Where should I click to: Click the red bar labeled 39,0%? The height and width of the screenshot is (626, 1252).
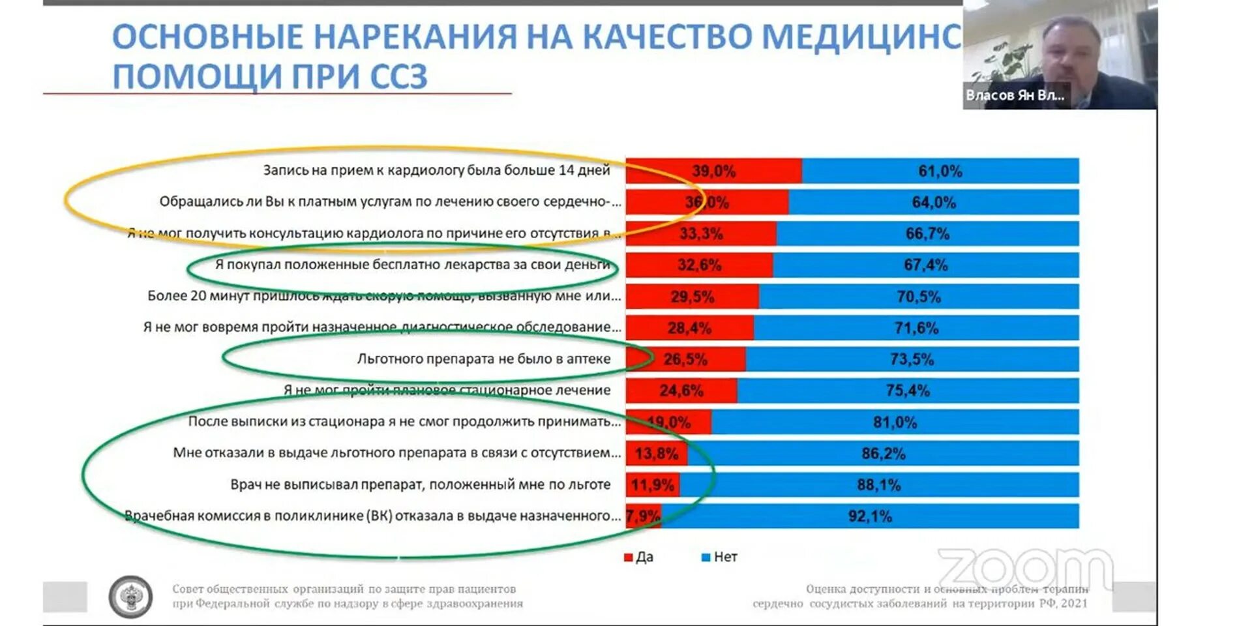coord(713,171)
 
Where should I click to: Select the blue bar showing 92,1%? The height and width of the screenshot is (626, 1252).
coord(870,516)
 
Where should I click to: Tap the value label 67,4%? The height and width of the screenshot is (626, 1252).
coord(925,265)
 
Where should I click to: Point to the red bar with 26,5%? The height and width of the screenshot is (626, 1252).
coord(685,359)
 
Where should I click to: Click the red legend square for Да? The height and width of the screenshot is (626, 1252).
coord(629,558)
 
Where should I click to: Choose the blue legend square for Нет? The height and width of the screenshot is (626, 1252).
coord(705,558)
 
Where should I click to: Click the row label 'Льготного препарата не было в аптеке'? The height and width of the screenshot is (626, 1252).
coord(483,359)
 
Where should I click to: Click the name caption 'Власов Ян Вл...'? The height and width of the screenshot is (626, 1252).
coord(1015,95)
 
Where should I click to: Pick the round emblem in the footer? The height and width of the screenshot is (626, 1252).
coord(131,597)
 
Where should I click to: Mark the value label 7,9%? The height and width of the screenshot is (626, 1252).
coord(643,516)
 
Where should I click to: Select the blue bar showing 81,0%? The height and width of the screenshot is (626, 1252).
coord(895,423)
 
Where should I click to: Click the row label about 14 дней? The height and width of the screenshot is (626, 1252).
coord(436,170)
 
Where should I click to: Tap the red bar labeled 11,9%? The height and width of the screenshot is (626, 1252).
coord(652,485)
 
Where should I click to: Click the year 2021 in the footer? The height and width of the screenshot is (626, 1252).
coord(1074,603)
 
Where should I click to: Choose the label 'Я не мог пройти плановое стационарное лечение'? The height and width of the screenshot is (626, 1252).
coord(447,390)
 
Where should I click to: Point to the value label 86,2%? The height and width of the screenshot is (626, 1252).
coord(883,454)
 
